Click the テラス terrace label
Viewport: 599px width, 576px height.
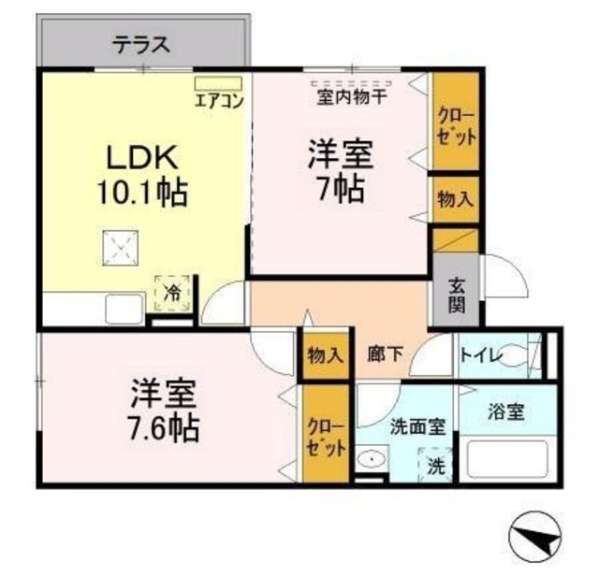[x=143, y=43]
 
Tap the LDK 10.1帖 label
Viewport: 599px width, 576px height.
[x=141, y=176]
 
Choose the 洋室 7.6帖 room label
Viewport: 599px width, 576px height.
[x=164, y=410]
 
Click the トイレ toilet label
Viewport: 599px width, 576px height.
[x=479, y=355]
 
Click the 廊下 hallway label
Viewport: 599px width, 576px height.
[x=384, y=354]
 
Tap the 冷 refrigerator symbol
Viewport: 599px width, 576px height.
[x=173, y=291]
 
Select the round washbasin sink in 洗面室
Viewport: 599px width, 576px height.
[x=371, y=461]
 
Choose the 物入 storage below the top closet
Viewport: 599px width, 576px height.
[x=456, y=200]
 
